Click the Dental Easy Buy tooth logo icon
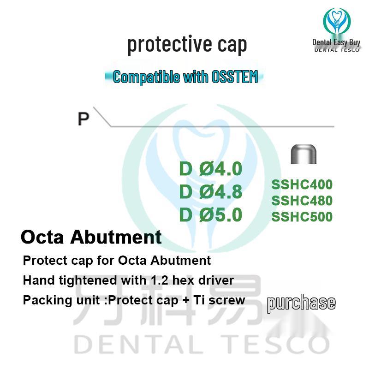pyautogui.click(x=336, y=21)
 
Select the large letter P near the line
pyautogui.click(x=83, y=119)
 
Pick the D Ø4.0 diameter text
pyautogui.click(x=210, y=169)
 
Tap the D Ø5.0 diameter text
pyautogui.click(x=210, y=215)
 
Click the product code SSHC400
pyautogui.click(x=302, y=185)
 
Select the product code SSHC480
pyautogui.click(x=302, y=201)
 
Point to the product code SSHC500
pyautogui.click(x=302, y=217)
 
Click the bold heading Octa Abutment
pyautogui.click(x=91, y=237)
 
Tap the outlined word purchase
pyautogui.click(x=301, y=303)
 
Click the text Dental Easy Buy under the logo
pyautogui.click(x=336, y=42)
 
